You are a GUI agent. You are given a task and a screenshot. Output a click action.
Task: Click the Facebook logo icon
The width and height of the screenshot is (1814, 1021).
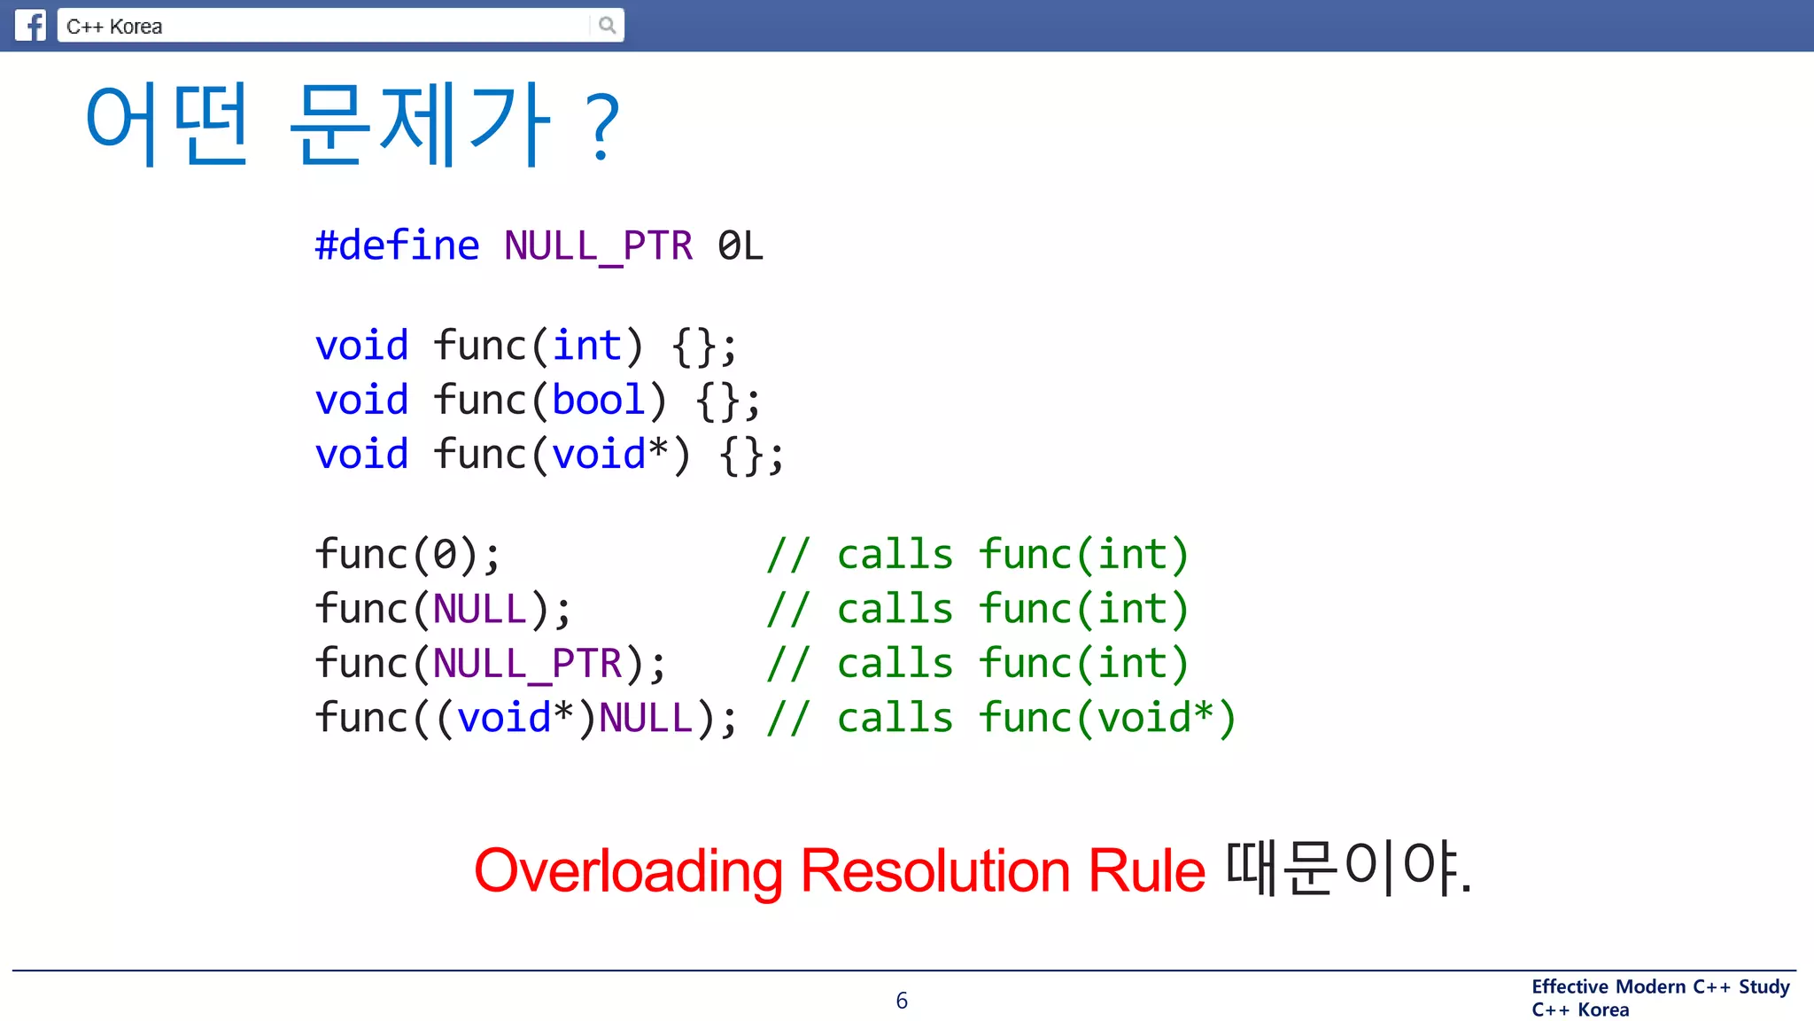coord(30,25)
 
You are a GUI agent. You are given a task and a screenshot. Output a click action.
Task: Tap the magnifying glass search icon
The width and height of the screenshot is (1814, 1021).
coord(607,25)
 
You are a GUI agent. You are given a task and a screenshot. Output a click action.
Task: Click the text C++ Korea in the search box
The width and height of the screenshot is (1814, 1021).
coord(114,27)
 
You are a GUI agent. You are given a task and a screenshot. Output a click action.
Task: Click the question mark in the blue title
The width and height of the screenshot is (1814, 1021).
coord(602,128)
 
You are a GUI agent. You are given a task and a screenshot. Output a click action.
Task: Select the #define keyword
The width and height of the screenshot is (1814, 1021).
coord(397,246)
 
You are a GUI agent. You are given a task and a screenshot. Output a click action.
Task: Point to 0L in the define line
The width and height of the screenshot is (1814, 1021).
coord(740,246)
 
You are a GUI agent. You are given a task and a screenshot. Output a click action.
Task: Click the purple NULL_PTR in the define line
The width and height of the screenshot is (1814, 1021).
coord(598,246)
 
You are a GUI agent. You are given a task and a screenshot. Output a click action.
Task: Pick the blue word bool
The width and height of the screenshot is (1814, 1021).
coord(598,400)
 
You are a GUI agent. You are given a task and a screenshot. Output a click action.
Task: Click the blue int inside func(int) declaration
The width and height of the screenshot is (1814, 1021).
coord(586,346)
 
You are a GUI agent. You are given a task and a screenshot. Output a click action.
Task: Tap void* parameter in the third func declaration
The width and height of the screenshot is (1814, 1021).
coord(609,455)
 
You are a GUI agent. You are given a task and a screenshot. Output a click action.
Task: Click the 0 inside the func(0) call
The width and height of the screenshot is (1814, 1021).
coord(444,555)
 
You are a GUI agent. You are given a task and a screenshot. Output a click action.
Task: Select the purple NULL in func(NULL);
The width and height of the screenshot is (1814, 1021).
coord(480,610)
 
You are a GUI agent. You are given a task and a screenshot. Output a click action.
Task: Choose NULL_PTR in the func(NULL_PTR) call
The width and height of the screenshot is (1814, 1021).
coord(528,664)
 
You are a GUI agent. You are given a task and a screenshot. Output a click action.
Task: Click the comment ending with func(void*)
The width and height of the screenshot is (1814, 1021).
coord(1001,718)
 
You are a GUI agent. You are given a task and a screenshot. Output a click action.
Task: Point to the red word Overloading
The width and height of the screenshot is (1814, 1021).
coord(628,870)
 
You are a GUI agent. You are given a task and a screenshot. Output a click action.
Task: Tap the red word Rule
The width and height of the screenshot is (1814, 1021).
coord(1146,870)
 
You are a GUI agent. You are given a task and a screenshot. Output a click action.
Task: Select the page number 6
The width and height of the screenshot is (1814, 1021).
coord(902,1001)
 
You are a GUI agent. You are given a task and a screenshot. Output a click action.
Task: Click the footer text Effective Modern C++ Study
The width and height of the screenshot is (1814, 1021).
coord(1661,986)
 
